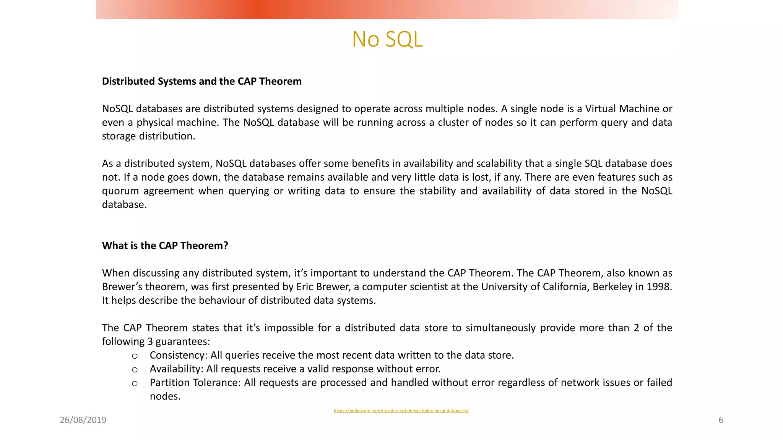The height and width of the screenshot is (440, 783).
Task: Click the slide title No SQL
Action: pos(387,39)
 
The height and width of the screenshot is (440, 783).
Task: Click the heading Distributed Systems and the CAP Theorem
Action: pos(201,81)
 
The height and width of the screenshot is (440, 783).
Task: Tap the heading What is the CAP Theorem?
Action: pos(165,246)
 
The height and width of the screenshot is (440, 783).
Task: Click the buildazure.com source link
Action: pos(401,411)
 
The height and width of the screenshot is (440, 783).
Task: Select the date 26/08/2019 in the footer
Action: pos(83,420)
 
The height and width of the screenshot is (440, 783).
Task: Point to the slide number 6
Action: pos(721,420)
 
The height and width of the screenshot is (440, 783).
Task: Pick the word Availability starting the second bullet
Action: pos(176,369)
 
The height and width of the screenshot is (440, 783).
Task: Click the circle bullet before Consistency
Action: pos(135,356)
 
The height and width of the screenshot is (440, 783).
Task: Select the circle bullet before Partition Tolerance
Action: pos(135,383)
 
